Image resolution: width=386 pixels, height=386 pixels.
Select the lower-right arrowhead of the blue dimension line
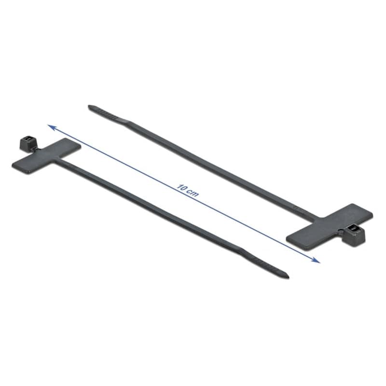coord(316,260)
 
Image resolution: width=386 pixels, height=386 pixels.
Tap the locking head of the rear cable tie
coord(354,234)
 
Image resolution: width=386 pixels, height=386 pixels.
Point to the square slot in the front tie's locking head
coord(28,139)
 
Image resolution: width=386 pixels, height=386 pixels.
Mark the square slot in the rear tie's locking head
coord(354,229)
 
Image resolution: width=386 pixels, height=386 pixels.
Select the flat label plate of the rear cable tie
coord(330,227)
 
